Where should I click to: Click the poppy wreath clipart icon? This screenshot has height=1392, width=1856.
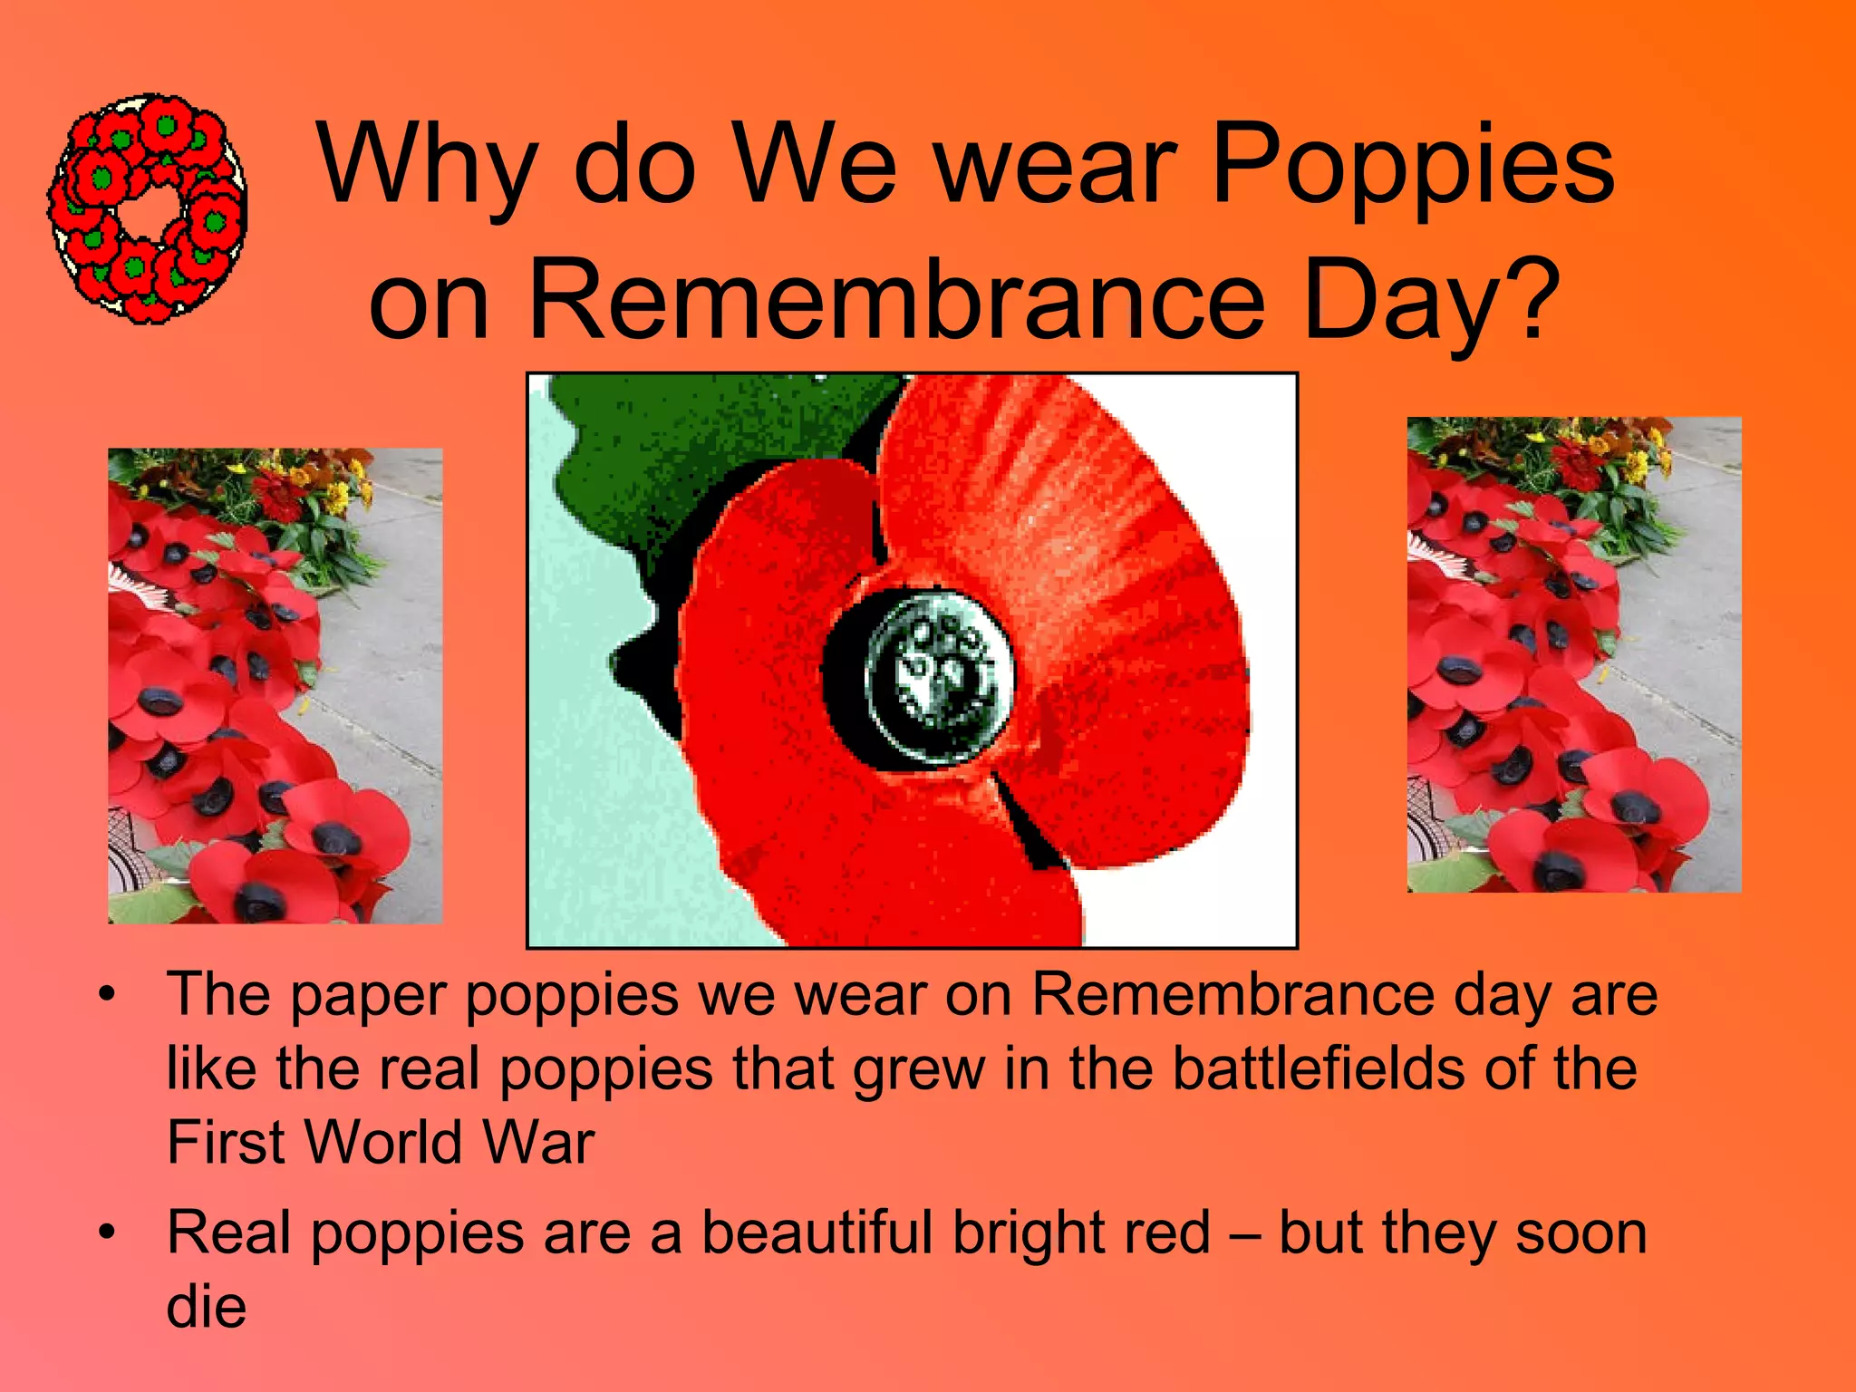[x=147, y=208]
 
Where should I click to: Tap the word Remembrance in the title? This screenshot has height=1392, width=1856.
[x=896, y=299]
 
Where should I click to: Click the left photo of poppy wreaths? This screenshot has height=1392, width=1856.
[x=275, y=686]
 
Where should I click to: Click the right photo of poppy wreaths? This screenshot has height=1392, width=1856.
[x=1574, y=654]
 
